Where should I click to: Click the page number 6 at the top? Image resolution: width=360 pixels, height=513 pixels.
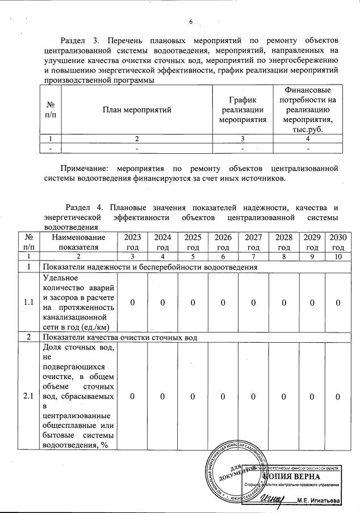pos(191,22)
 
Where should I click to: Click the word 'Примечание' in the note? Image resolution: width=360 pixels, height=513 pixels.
pos(85,169)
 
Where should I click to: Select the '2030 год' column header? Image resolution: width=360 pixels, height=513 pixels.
pos(338,242)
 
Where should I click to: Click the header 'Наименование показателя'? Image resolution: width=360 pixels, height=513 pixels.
pos(78,242)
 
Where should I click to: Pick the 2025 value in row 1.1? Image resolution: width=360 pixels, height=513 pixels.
pos(193,302)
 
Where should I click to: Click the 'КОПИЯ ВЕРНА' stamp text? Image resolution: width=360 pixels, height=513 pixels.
pos(307,476)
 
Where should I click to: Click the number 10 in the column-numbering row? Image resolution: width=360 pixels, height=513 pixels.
pos(338,256)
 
